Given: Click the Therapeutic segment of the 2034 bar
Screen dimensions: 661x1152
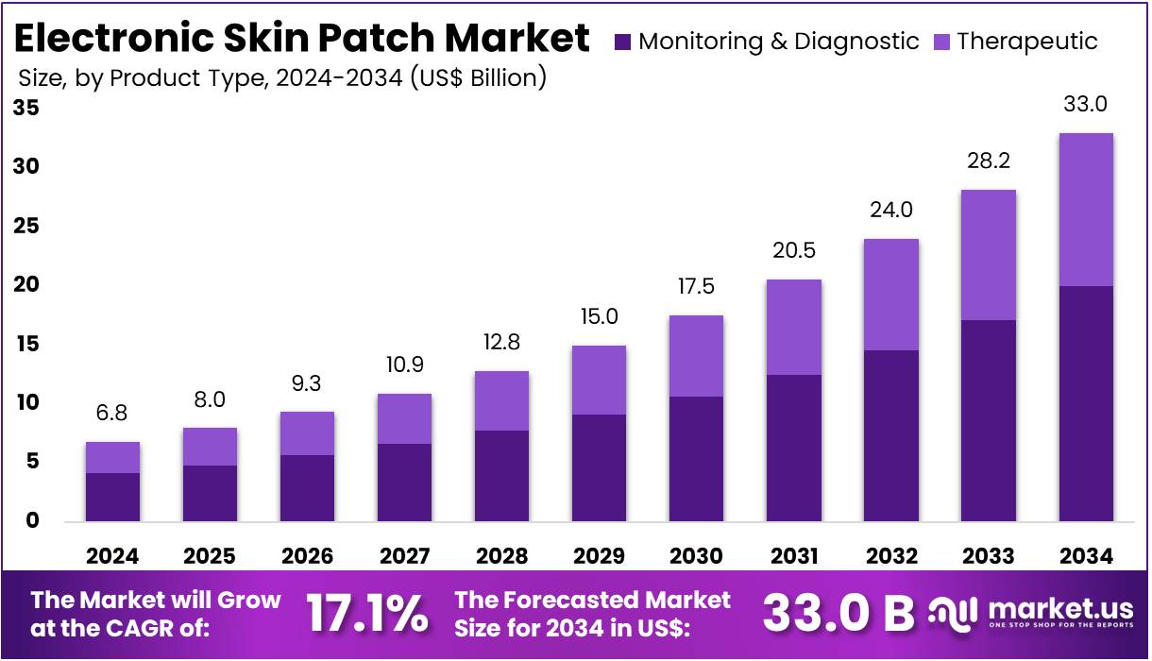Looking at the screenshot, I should pos(1085,210).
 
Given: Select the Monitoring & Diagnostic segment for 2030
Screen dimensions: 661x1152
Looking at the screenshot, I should pos(695,459).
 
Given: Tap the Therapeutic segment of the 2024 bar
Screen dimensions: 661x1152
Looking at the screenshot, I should pos(112,458).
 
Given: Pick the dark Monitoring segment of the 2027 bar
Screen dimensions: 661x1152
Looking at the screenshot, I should pos(403,483).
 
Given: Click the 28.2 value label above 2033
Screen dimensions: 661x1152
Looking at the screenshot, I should pos(988,161).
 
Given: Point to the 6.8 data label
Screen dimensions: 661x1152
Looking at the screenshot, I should pos(112,414).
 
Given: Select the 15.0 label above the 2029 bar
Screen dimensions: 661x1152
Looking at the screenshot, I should pos(598,317).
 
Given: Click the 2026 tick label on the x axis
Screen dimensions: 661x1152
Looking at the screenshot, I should pos(307,556).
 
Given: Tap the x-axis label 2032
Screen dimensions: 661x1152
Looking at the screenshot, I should pos(890,556).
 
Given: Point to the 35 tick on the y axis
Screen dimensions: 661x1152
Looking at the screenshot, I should pos(26,109).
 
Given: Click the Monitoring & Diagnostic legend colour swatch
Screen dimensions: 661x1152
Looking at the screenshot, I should pos(622,42).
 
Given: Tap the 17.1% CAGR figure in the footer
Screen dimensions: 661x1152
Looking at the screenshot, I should pos(366,614).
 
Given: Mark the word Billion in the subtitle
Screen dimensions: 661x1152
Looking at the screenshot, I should pos(505,77).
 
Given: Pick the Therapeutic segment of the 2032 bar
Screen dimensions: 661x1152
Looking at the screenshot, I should pos(890,295).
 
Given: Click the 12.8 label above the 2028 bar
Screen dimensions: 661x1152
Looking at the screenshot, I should pos(500,343).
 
